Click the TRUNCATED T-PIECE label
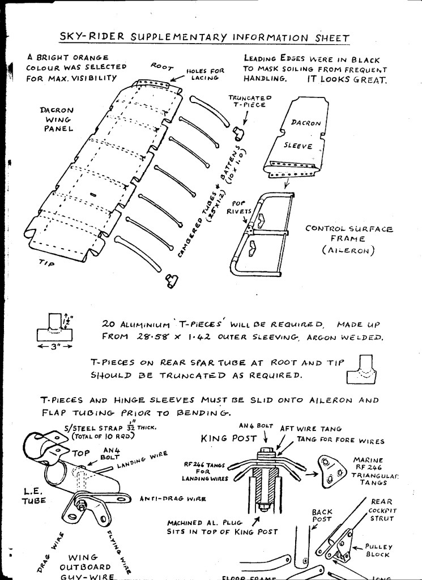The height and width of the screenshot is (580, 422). (250, 101)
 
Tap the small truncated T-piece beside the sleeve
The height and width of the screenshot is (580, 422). (238, 134)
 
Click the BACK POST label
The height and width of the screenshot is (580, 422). (322, 515)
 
